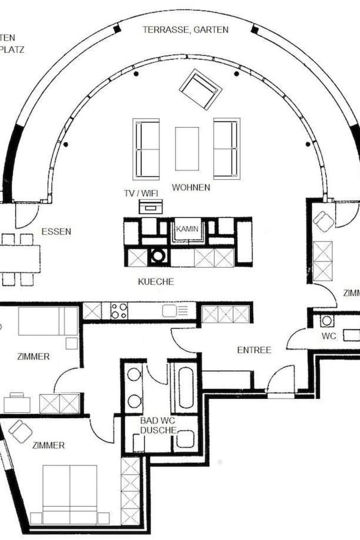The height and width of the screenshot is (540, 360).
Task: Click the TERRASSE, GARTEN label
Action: [x=185, y=30]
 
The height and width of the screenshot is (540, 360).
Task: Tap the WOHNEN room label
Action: [x=191, y=187]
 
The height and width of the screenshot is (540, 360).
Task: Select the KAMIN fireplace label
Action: [x=187, y=229]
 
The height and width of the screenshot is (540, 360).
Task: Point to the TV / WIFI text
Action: [x=141, y=193]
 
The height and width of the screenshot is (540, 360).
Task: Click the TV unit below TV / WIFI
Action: [x=151, y=207]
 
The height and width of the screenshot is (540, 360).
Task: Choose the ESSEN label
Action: [x=56, y=231]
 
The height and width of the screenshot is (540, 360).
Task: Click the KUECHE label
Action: [x=156, y=281]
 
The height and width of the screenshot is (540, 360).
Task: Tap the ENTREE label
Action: [x=254, y=350]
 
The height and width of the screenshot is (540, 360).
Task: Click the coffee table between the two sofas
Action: [x=187, y=148]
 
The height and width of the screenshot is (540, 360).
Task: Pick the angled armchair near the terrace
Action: [x=201, y=89]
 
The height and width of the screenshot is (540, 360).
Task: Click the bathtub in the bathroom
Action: [x=186, y=388]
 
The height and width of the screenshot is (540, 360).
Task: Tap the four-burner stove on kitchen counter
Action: [x=119, y=311]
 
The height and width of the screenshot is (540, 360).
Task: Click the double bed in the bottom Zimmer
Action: [x=70, y=494]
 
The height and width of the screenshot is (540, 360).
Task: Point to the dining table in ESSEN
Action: [x=19, y=259]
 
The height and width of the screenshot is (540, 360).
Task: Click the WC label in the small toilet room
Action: [x=329, y=336]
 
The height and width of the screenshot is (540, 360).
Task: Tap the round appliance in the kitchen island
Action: [x=158, y=256]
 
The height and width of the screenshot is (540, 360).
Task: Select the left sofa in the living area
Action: [x=146, y=148]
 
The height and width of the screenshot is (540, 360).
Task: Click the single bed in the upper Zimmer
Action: [x=48, y=321]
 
